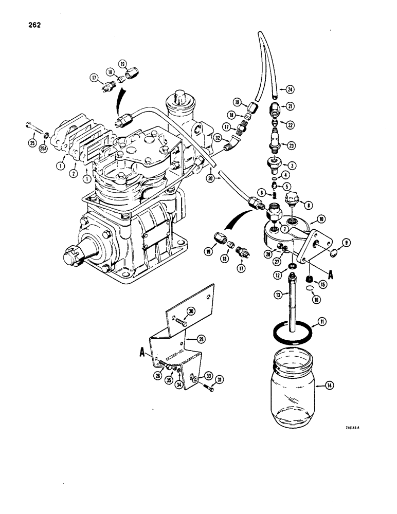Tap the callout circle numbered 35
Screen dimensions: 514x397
168,381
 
